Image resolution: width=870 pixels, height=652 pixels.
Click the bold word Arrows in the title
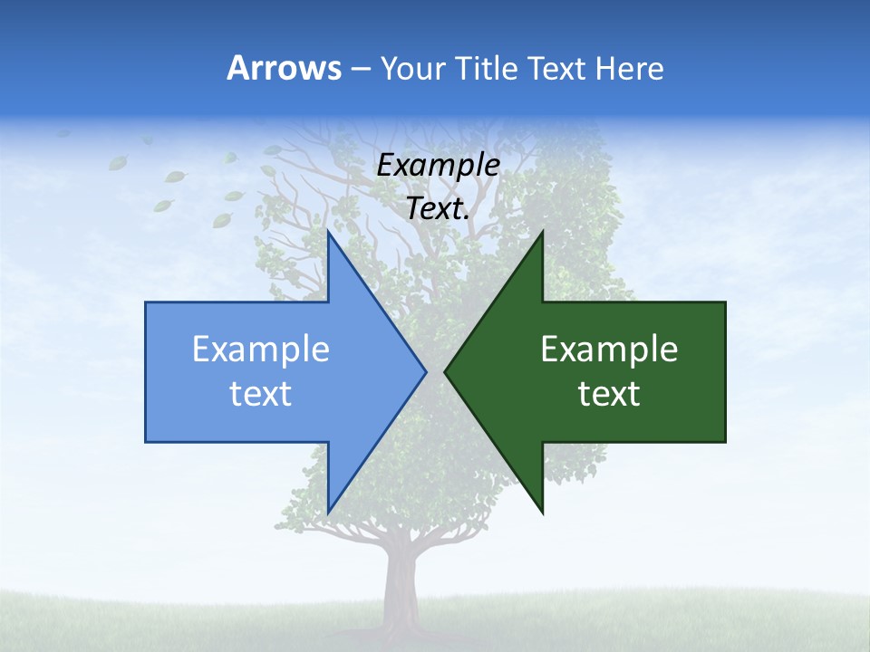click(283, 68)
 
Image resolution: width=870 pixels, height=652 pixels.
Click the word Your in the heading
click(412, 68)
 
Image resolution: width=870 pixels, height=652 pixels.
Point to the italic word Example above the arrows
click(438, 165)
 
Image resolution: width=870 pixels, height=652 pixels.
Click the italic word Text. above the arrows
click(438, 208)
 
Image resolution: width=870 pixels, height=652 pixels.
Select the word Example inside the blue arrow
click(260, 349)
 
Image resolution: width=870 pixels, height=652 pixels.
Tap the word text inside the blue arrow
click(260, 393)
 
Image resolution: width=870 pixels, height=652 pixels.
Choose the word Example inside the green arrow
click(609, 349)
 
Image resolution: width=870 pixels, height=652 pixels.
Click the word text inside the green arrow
click(609, 393)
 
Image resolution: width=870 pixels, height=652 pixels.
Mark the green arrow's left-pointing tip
click(446, 371)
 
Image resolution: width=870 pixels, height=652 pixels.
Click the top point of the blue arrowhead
click(328, 233)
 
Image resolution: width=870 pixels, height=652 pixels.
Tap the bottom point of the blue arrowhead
click(328, 512)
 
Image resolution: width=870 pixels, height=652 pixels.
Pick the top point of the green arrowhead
click(542, 233)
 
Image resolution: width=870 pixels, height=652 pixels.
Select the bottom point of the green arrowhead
click(542, 512)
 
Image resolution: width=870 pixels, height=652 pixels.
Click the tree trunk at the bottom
click(399, 589)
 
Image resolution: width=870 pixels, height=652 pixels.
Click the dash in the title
click(360, 69)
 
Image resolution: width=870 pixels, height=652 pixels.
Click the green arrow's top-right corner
click(724, 303)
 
